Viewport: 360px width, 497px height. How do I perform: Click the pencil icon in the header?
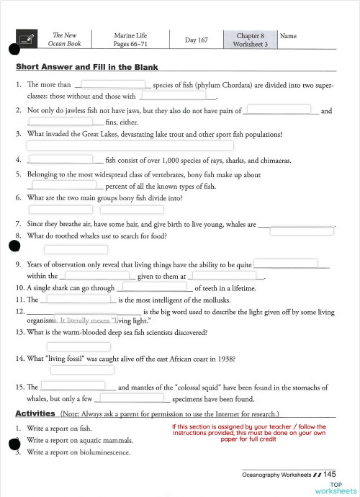tap(27, 40)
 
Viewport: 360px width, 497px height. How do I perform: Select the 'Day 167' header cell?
tap(196, 40)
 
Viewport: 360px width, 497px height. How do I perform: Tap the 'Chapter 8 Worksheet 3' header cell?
tap(250, 40)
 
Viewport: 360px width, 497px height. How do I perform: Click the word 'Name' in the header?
tap(287, 36)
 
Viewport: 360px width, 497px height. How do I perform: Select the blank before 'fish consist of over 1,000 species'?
tap(60, 159)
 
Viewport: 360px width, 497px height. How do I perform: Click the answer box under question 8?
tap(66, 249)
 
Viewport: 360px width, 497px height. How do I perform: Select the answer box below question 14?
tap(72, 370)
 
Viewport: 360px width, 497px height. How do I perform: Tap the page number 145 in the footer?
tap(329, 474)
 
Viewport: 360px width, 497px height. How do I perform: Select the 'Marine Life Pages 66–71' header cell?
tap(131, 40)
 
